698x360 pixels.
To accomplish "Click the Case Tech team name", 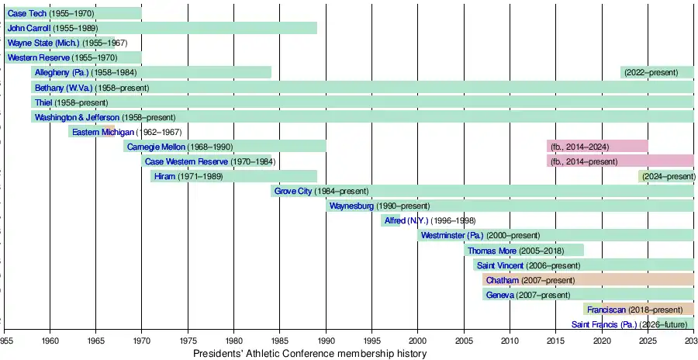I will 26,14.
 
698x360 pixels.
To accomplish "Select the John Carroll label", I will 29,29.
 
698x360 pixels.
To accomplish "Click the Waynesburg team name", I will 351,206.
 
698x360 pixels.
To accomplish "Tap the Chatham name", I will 503,280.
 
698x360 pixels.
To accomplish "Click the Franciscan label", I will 606,310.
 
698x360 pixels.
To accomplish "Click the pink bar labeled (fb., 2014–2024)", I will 597,147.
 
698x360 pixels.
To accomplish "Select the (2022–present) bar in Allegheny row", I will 657,73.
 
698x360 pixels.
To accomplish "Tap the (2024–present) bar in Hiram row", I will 666,177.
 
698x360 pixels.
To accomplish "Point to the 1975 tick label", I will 188,341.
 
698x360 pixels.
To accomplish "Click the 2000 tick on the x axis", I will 417,341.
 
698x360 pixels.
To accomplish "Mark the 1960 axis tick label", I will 50,341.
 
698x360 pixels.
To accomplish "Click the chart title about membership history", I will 310,354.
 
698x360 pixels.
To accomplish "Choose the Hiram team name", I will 164,177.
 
